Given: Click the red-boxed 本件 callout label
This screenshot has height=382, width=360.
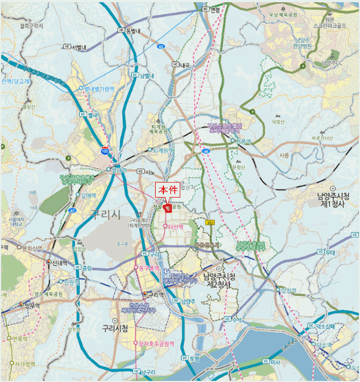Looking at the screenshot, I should pos(167,190).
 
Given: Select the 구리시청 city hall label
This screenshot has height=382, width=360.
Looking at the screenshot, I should pos(115,329).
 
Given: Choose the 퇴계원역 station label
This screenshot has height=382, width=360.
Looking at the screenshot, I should pos(162,150).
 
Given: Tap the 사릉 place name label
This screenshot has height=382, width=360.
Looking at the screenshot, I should pos(284,155).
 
